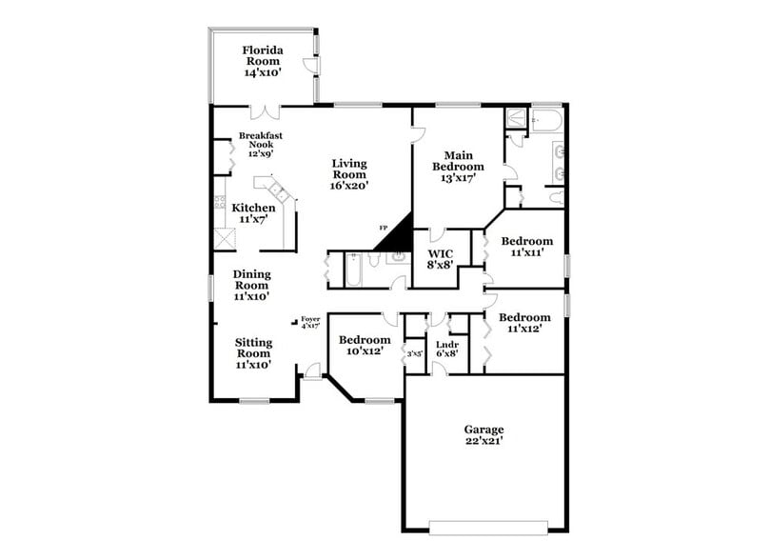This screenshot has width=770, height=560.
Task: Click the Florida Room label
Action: (261, 61)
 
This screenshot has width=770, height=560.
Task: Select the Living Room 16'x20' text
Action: (349, 174)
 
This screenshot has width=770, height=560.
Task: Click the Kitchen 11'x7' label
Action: (254, 213)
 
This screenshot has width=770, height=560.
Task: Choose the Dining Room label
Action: (252, 285)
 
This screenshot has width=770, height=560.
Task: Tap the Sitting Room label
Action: (254, 352)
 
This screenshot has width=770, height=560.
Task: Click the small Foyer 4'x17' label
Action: (310, 323)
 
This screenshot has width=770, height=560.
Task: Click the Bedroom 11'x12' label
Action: (525, 323)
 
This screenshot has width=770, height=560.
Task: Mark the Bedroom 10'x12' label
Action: (365, 346)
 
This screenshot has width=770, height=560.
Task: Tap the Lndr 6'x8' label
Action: (447, 349)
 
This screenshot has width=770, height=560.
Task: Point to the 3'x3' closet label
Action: (415, 353)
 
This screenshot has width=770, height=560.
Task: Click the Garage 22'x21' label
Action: (484, 435)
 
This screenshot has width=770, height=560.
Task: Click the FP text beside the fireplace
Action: (384, 229)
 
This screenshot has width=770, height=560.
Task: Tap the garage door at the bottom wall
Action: (488, 527)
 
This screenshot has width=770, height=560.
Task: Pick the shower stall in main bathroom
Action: (516, 119)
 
